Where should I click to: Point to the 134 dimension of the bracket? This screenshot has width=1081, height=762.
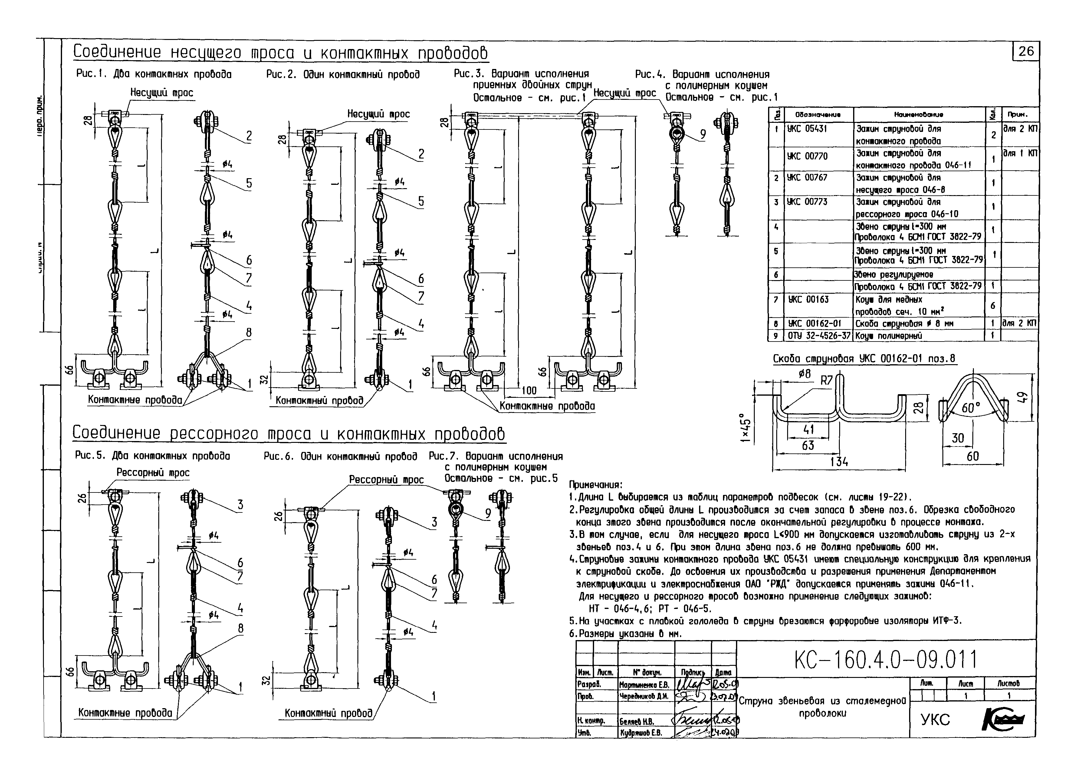tap(839, 462)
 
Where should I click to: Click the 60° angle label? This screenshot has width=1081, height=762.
tap(970, 407)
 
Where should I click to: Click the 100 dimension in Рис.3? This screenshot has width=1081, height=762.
tap(529, 390)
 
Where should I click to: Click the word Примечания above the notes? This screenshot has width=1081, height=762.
tap(596, 484)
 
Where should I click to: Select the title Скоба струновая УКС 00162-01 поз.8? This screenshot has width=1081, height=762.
tap(864, 359)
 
